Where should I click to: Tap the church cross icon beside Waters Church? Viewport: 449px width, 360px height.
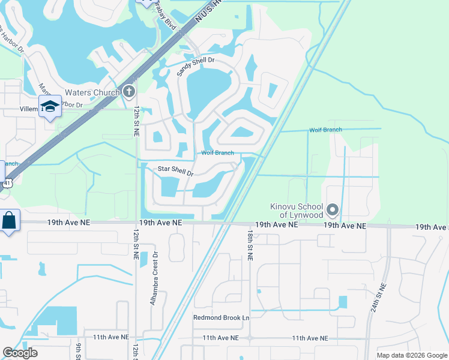[x=128, y=91]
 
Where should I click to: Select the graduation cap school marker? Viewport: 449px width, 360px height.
[x=50, y=106]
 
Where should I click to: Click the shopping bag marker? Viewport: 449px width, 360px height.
[x=10, y=220]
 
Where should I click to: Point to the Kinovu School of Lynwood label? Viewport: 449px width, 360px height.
[x=296, y=211]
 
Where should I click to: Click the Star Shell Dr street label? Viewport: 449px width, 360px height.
[x=175, y=171]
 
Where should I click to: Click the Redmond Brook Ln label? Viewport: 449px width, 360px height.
[x=221, y=317]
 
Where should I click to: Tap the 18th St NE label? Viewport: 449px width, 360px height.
[x=250, y=244]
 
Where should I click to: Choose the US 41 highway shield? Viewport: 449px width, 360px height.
[x=7, y=183]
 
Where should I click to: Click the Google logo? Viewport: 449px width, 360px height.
[x=20, y=353]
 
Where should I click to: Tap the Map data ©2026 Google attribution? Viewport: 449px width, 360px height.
[x=411, y=355]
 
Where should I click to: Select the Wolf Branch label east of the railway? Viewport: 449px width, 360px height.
[x=325, y=130]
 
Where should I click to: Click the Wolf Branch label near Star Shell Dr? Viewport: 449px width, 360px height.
[x=217, y=153]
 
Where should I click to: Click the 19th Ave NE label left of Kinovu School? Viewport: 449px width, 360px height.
[x=276, y=224]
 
